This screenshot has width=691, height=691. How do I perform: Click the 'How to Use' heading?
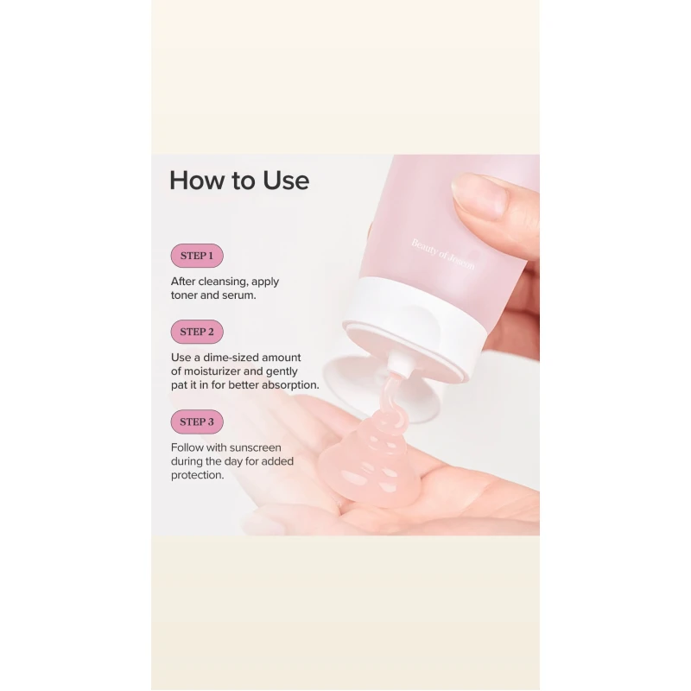click(239, 181)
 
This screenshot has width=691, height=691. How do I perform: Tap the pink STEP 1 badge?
click(197, 256)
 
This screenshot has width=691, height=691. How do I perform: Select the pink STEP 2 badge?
click(197, 332)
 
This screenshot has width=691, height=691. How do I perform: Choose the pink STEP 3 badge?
click(197, 422)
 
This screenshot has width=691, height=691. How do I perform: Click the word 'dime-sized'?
click(230, 358)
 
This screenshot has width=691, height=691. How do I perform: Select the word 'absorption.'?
click(290, 385)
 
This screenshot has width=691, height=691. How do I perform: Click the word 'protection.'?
click(198, 476)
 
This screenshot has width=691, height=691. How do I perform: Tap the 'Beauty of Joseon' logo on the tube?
click(443, 254)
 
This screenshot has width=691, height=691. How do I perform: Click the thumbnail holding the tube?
click(479, 197)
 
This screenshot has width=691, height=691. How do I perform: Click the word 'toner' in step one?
click(184, 295)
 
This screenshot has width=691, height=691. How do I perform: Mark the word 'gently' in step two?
click(282, 371)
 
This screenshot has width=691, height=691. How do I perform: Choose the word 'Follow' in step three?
click(187, 447)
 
